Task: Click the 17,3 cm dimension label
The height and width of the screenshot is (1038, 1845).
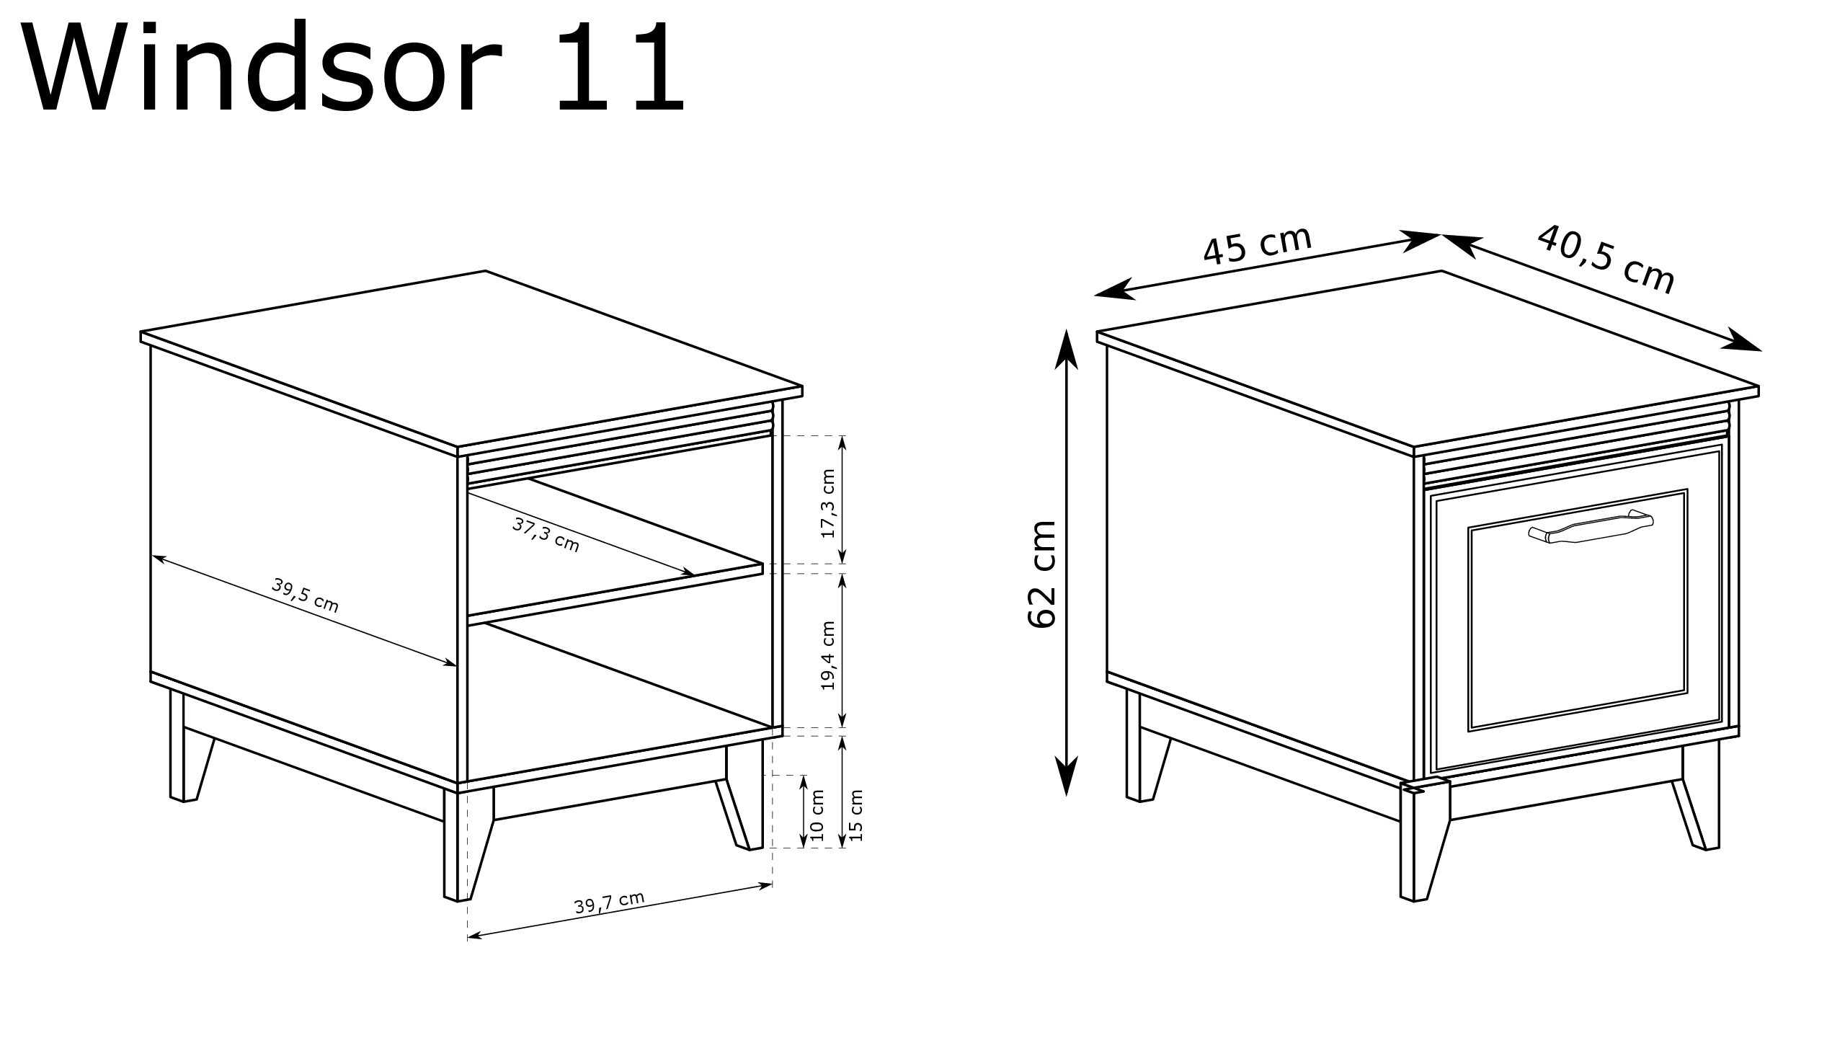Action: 828,503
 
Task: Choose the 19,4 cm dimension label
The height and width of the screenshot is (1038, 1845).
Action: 828,655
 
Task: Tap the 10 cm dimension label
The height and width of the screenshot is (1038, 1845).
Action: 817,815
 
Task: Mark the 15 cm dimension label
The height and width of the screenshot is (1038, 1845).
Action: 855,815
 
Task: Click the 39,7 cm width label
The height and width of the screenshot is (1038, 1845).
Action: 609,902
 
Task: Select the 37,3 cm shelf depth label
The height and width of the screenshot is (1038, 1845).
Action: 546,534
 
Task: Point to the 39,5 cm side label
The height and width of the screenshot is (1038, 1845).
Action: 305,595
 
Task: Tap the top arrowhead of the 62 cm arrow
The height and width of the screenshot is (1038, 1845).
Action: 1066,349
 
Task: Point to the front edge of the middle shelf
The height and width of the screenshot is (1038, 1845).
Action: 615,594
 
